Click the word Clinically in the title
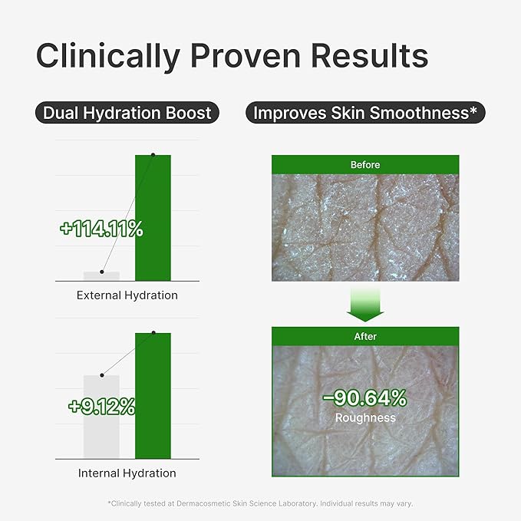tap(108, 57)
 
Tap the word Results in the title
tap(370, 55)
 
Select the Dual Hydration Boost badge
tap(127, 113)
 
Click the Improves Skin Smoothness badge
tap(365, 113)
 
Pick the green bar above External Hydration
tap(153, 218)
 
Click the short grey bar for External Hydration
tap(102, 276)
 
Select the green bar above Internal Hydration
tap(153, 396)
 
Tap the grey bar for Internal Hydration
tap(102, 417)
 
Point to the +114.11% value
tap(102, 229)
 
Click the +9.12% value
tap(102, 406)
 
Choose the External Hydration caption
tap(127, 295)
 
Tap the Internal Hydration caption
tap(127, 473)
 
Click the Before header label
tap(365, 165)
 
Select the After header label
tap(365, 336)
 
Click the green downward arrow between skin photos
tap(365, 305)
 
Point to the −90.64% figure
tap(365, 397)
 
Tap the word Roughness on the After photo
tap(365, 417)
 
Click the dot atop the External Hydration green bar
tap(153, 155)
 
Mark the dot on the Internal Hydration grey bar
tap(102, 375)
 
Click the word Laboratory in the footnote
tap(298, 503)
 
